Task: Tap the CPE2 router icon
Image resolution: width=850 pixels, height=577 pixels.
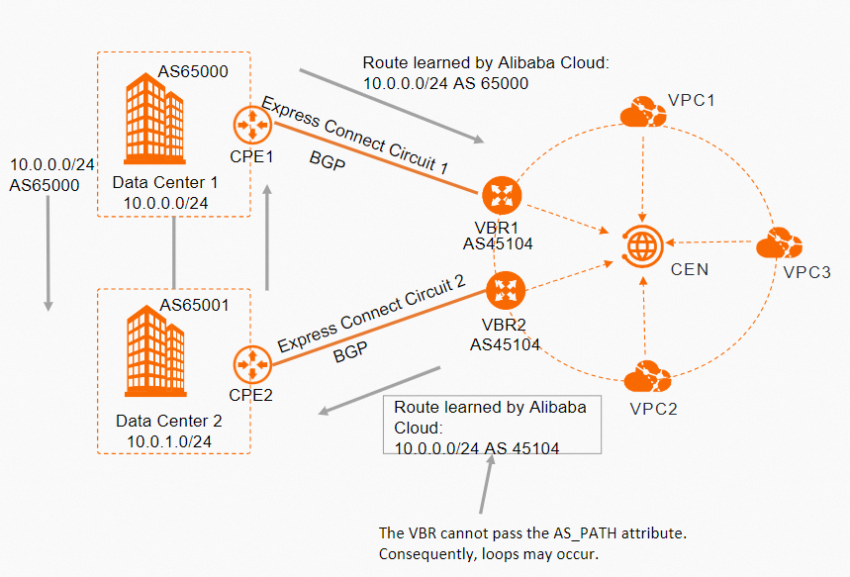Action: [252, 363]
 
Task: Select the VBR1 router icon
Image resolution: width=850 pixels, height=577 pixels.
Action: [501, 194]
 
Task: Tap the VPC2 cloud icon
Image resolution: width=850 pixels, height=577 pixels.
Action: [648, 377]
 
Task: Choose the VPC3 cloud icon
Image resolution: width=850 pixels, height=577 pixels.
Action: [779, 243]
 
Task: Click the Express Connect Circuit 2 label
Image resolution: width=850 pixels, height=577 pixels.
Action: [371, 316]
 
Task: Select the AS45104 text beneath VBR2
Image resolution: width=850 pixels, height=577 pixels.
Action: [506, 343]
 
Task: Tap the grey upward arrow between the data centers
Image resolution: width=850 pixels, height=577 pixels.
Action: [268, 238]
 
